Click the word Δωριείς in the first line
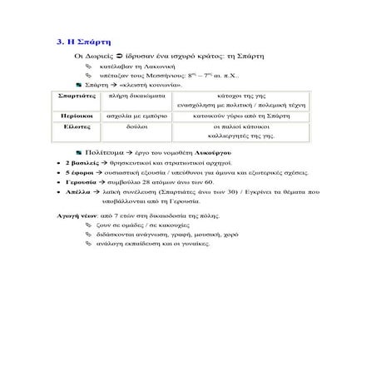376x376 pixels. [x=101, y=55]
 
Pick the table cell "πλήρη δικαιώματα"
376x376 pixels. [x=137, y=96]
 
